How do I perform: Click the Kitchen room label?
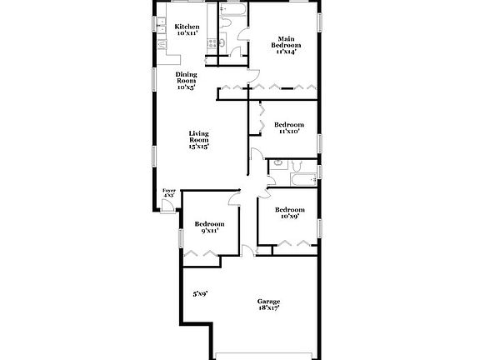(x=187, y=27)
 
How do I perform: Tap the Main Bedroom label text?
(x=286, y=42)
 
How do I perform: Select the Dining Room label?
(x=186, y=77)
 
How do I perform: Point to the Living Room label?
(x=198, y=137)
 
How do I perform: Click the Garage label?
(x=268, y=302)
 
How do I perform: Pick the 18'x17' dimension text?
(x=268, y=308)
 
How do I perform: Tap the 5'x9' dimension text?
(x=200, y=294)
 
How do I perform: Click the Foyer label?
(x=169, y=191)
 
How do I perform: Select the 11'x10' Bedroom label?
(x=289, y=125)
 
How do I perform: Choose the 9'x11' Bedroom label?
(x=209, y=224)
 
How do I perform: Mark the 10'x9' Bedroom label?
(x=290, y=210)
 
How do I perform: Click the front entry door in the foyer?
(x=167, y=205)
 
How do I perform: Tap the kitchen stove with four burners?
(x=212, y=43)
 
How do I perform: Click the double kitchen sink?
(x=161, y=25)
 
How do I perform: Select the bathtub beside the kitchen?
(x=233, y=10)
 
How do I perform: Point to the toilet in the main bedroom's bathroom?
(x=225, y=23)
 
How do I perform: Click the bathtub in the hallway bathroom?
(x=303, y=180)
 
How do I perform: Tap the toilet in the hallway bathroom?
(x=297, y=166)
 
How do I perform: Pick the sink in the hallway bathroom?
(x=278, y=164)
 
